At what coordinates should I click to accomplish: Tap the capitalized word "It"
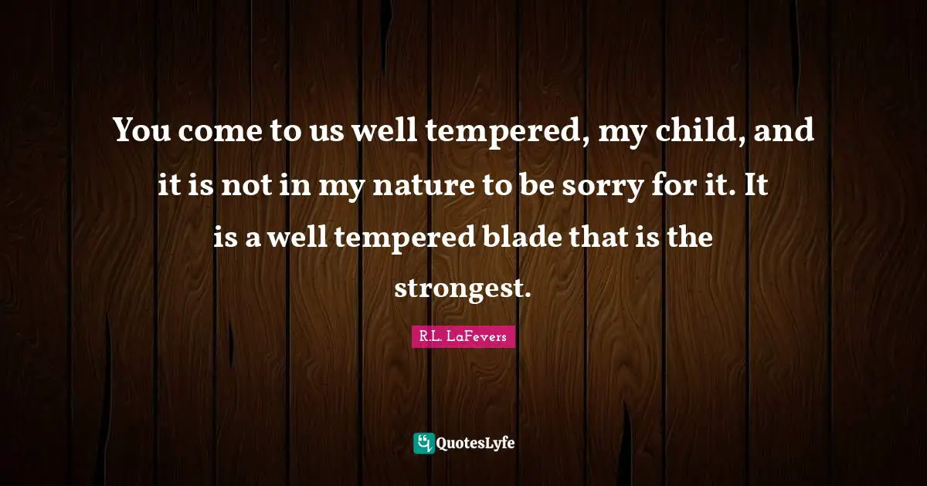[x=757, y=185]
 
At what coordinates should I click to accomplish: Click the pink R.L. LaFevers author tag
[x=463, y=336]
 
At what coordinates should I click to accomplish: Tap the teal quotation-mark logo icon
[x=424, y=443]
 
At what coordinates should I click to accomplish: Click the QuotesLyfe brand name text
[x=477, y=443]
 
